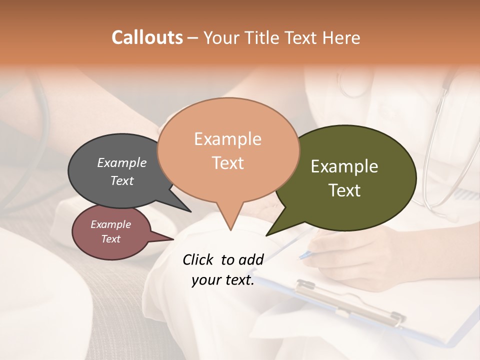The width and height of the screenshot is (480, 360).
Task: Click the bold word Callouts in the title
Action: coord(147,37)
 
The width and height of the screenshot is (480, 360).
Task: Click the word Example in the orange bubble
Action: coord(227,139)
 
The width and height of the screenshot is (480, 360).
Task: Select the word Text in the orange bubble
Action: coord(227,163)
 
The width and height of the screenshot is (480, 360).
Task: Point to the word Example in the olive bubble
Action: coord(344,166)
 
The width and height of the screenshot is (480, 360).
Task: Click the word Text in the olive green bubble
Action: coord(344,190)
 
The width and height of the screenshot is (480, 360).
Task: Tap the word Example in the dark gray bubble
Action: coord(121,162)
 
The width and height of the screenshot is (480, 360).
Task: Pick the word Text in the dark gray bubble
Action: coord(121,181)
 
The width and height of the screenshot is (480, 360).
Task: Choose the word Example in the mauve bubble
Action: coord(110,224)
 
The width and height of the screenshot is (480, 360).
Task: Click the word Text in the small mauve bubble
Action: coord(110,239)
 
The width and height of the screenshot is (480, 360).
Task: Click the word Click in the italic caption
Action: coord(198,259)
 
